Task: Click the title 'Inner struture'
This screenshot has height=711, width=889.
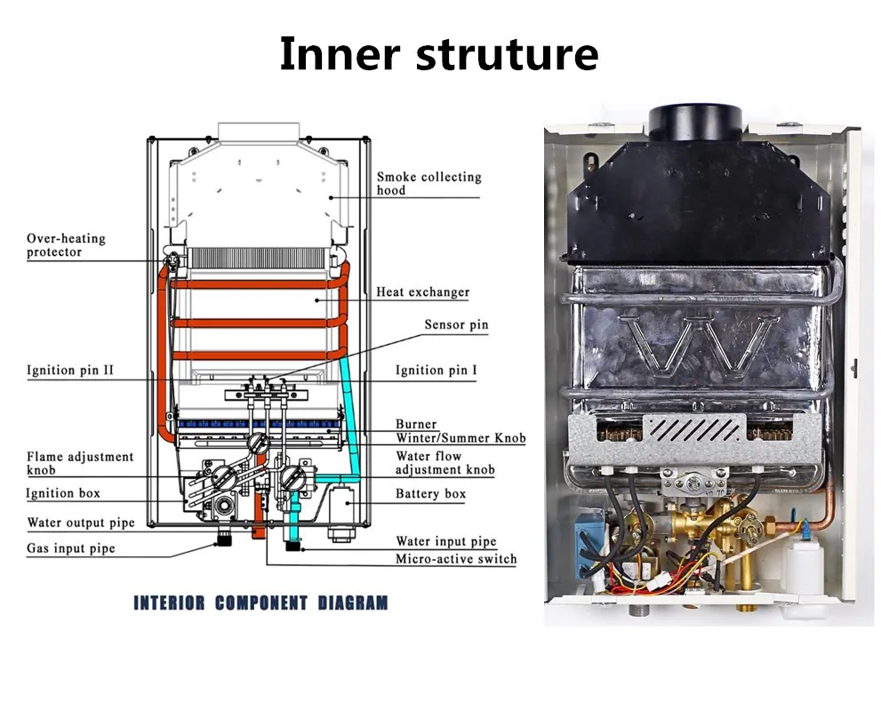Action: (x=438, y=54)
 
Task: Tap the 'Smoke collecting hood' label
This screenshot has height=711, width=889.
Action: (x=428, y=184)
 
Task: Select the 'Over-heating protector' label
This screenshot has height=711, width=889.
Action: (x=66, y=245)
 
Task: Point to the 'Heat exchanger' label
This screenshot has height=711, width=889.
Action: (x=422, y=292)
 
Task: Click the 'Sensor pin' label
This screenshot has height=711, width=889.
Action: (x=456, y=325)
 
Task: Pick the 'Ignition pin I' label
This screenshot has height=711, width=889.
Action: (x=436, y=370)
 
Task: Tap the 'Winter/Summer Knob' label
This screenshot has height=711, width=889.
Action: (x=461, y=438)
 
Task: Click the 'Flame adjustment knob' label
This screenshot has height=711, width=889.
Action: (x=79, y=462)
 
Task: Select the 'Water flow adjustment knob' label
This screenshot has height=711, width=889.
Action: (x=444, y=463)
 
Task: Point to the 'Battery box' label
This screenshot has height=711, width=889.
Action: (x=430, y=493)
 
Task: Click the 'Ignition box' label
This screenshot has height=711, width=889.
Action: (x=62, y=493)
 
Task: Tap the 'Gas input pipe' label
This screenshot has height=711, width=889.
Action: (x=71, y=548)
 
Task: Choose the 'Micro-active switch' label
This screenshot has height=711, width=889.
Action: (x=455, y=559)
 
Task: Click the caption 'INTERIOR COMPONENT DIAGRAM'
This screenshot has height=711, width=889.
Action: (x=260, y=603)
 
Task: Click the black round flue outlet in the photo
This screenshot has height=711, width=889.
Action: (x=695, y=122)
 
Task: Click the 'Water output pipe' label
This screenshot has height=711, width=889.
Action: (x=81, y=523)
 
